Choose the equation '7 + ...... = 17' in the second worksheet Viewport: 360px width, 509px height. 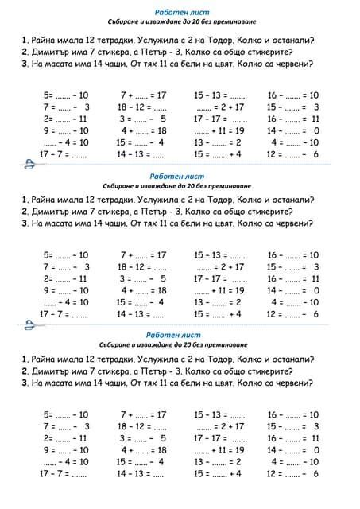click(143, 255)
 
